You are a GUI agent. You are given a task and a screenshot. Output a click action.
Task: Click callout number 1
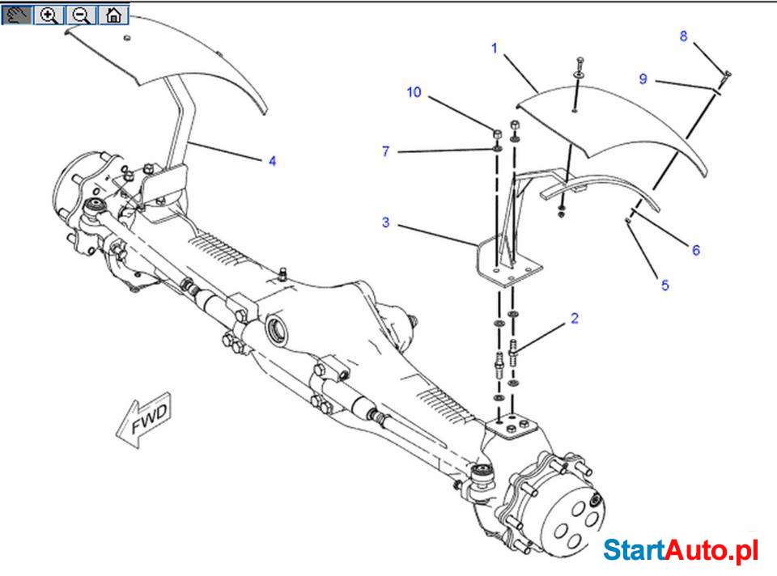495,49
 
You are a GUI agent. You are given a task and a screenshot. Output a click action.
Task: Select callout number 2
574,318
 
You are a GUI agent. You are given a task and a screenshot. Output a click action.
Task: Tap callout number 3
386,222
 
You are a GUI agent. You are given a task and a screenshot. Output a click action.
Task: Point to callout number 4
273,161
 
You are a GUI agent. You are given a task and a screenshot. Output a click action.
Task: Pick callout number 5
664,285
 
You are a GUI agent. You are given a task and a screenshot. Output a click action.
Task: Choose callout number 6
695,250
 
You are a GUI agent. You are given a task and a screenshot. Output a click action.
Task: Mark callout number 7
386,151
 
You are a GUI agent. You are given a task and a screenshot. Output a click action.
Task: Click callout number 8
684,36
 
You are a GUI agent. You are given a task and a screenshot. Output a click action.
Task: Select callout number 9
643,78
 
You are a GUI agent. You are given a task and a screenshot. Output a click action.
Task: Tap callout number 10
414,92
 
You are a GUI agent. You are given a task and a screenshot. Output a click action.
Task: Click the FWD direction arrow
146,419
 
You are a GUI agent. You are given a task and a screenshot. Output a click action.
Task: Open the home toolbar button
113,15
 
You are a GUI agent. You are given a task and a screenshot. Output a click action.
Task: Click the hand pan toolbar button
16,15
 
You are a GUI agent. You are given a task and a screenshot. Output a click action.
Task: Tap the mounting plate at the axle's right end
511,426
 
